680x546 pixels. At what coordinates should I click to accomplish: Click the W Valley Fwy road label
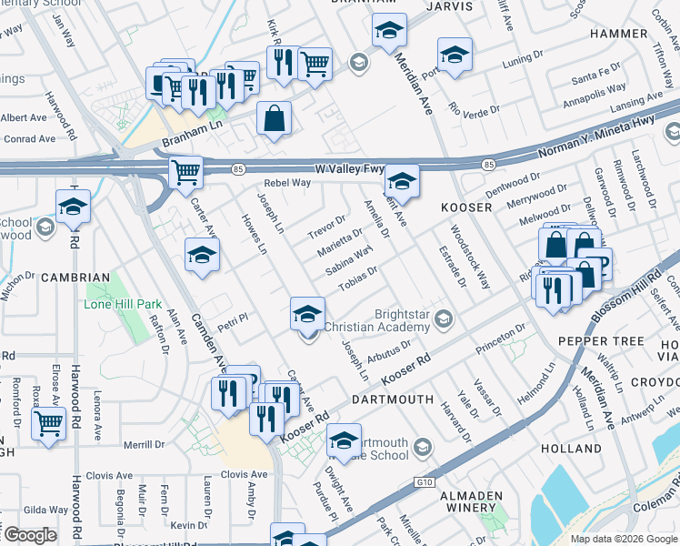tap(350, 169)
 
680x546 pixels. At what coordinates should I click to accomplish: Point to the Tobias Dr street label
tap(357, 279)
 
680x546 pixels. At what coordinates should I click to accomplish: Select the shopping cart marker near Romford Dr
tap(48, 422)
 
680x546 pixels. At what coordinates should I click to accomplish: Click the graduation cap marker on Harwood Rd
tap(73, 207)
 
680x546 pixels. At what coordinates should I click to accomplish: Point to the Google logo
tap(30, 535)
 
